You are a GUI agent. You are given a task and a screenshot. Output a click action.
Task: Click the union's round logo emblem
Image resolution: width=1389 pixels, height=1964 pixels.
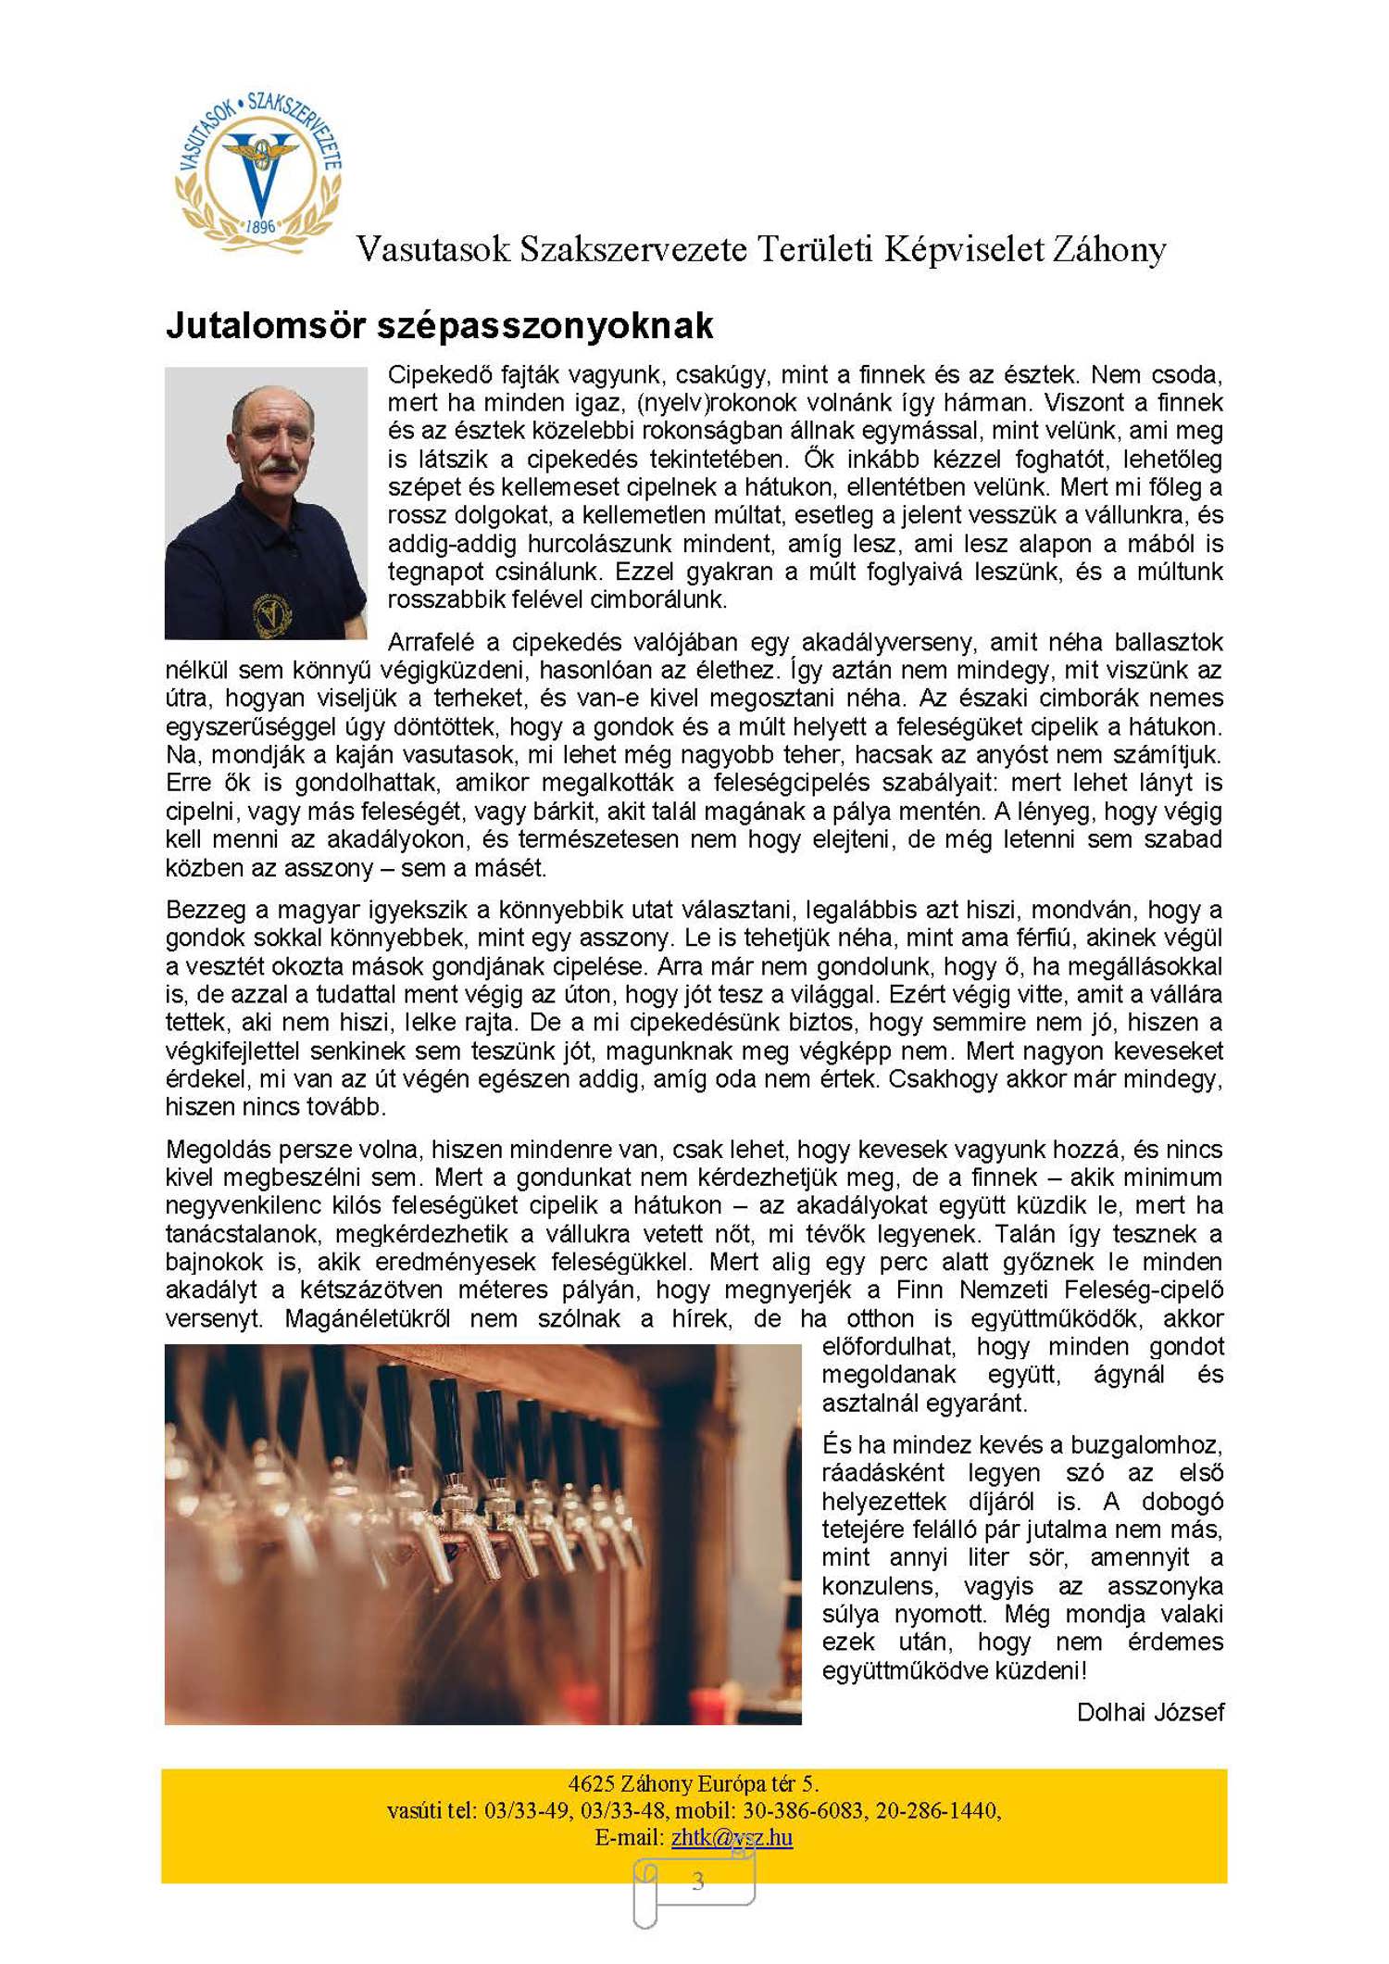(x=258, y=171)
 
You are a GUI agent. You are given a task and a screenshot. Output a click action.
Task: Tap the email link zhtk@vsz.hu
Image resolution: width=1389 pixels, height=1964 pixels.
(x=732, y=1837)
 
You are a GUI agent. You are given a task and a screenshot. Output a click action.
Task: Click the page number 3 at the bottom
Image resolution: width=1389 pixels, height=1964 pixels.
(x=697, y=1880)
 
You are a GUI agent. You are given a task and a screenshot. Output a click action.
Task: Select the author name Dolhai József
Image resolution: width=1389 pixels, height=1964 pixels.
(x=1150, y=1712)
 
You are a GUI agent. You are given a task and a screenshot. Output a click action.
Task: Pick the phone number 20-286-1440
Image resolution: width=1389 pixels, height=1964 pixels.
(x=936, y=1810)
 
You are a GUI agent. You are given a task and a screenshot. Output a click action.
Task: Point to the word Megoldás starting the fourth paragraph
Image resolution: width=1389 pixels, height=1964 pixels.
(x=219, y=1150)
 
